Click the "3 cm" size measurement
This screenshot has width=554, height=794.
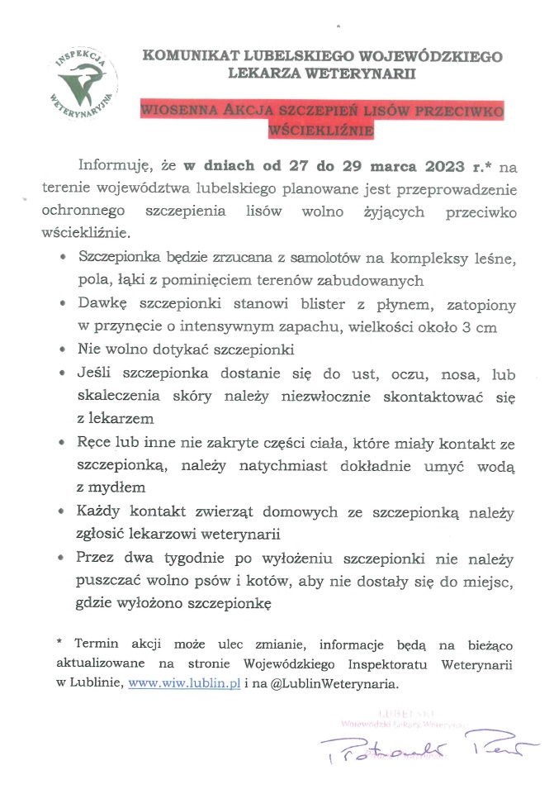point(480,326)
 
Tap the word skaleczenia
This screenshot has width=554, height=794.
point(114,397)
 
